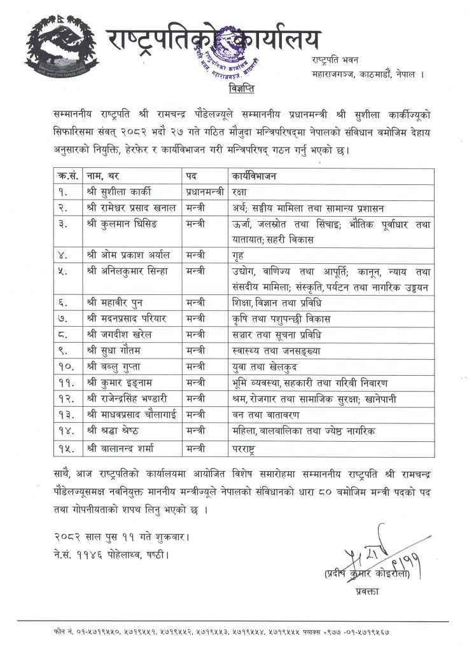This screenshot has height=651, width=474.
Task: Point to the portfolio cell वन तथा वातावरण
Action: tap(261, 415)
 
